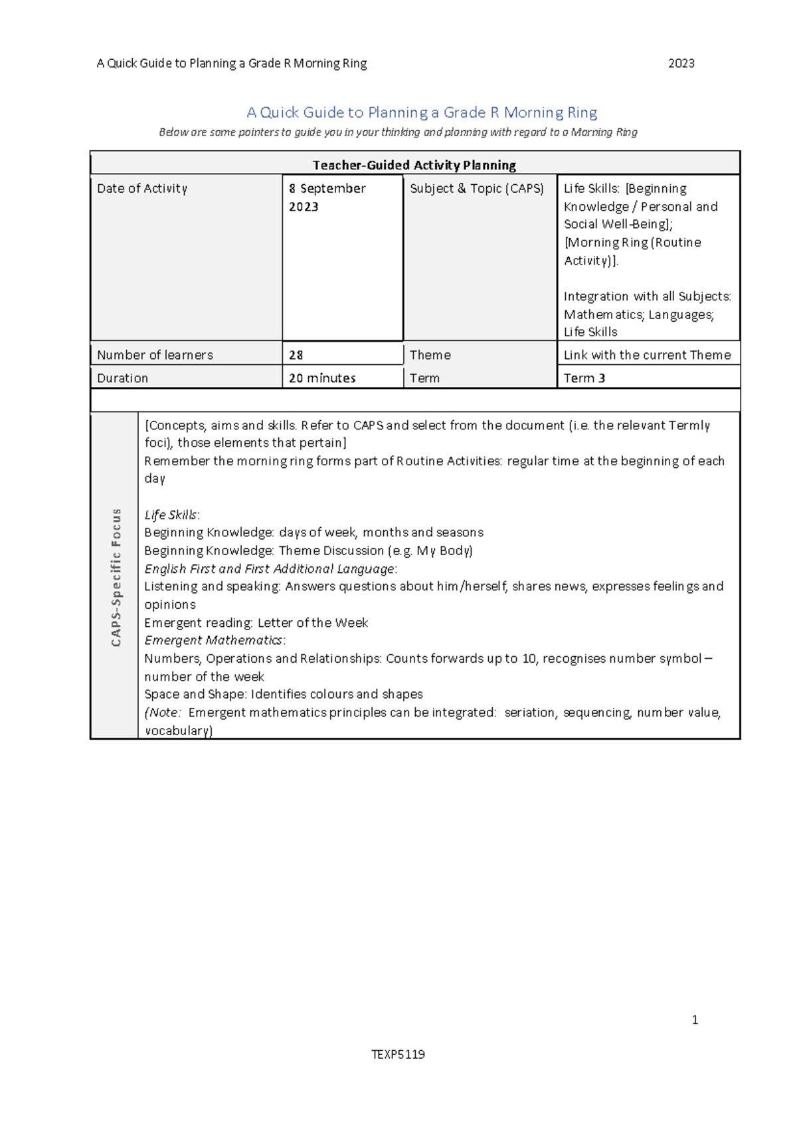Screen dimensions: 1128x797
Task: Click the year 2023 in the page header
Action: click(681, 64)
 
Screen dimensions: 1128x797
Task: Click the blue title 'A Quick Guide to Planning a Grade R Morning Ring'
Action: click(422, 112)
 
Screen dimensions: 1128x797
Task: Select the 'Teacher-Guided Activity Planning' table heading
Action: click(414, 165)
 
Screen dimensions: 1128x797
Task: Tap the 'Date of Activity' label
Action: click(142, 189)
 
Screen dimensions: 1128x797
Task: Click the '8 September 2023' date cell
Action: click(327, 197)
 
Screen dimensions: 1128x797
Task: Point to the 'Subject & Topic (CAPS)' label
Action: click(477, 189)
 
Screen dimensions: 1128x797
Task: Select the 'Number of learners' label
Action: click(155, 355)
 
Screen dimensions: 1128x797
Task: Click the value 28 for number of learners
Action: click(296, 355)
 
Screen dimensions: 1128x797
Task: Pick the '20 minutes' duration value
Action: click(322, 378)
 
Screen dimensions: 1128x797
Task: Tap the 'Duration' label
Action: click(123, 378)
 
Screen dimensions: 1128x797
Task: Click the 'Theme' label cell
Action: click(430, 355)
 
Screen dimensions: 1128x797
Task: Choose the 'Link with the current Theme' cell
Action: click(647, 355)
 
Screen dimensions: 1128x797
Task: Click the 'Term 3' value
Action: click(584, 378)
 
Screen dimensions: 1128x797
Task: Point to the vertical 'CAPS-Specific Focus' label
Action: click(116, 577)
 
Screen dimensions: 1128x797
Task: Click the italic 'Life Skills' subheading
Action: click(171, 515)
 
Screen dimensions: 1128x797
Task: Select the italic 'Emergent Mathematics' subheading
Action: click(213, 640)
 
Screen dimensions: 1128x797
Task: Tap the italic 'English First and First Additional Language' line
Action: click(270, 569)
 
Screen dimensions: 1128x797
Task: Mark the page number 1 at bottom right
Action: click(695, 1020)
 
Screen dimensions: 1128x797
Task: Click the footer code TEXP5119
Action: click(398, 1054)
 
